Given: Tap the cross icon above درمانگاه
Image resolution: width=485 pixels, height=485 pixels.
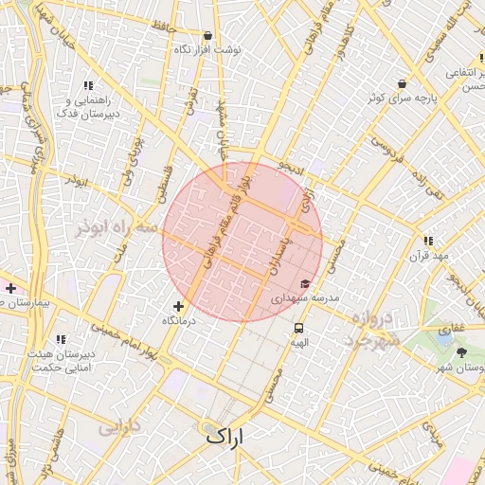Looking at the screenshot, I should (x=178, y=306).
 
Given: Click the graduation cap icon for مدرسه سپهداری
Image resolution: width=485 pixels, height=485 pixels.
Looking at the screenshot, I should (x=305, y=283).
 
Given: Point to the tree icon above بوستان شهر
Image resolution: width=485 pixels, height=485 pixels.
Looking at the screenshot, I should (x=461, y=352).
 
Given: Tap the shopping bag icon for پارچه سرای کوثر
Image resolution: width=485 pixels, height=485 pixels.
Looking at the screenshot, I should (x=403, y=83).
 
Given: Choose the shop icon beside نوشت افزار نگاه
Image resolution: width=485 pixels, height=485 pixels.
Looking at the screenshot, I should (x=207, y=35).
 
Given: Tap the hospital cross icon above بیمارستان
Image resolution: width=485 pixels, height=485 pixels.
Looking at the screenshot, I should (x=10, y=288).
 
